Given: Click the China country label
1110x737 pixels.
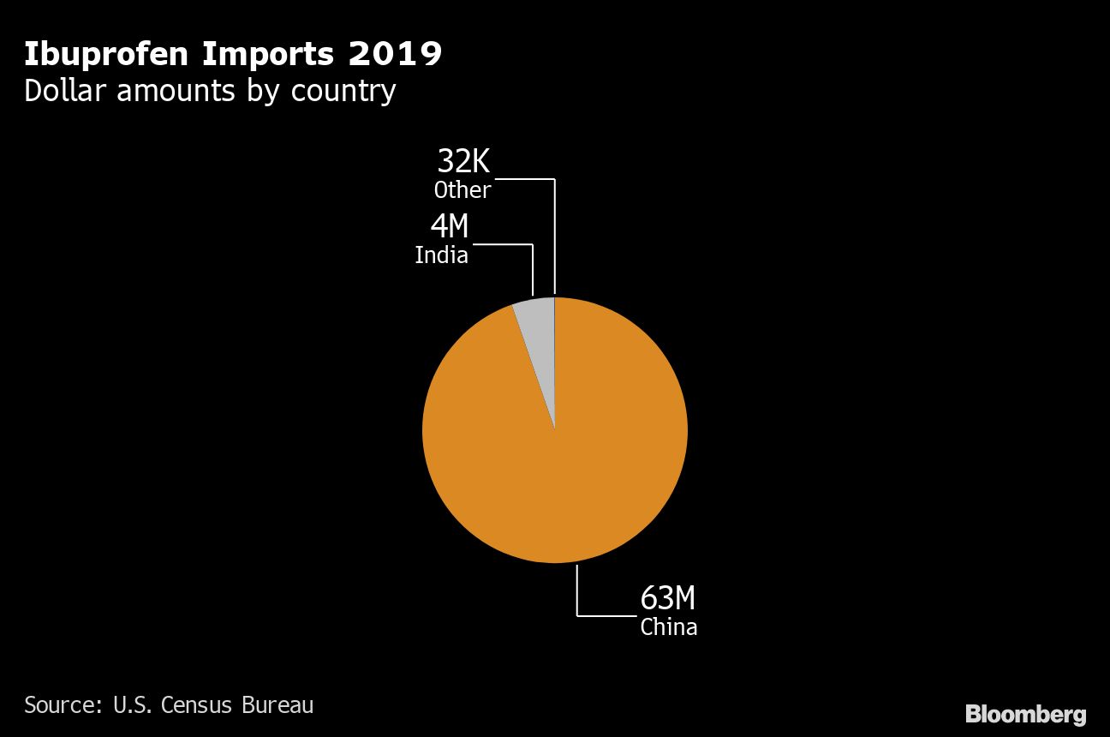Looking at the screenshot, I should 669,627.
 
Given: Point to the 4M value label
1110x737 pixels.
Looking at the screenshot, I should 450,227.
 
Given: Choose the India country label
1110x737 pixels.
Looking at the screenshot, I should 442,255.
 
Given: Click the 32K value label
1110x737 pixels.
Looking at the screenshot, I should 463,161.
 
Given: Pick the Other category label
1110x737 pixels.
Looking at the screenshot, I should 462,189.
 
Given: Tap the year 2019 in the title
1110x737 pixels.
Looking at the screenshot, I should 395,55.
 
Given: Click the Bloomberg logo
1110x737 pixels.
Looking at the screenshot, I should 1025,714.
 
